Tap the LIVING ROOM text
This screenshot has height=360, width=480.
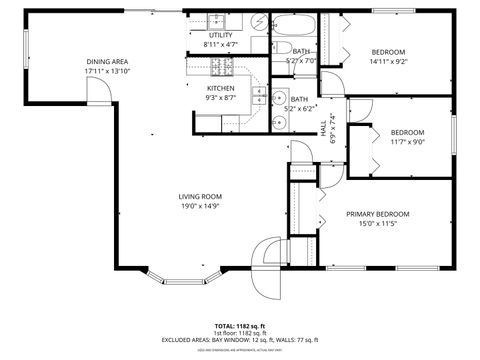point(200,196)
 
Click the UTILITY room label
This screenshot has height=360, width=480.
point(220,35)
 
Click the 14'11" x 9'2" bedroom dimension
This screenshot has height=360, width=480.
point(389,61)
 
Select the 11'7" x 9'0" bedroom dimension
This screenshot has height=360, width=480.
point(407,142)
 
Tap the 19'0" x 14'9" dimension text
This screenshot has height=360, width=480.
point(200,207)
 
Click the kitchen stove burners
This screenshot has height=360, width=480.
point(222,67)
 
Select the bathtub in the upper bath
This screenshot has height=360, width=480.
point(296,26)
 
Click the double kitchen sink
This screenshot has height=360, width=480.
point(258,96)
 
